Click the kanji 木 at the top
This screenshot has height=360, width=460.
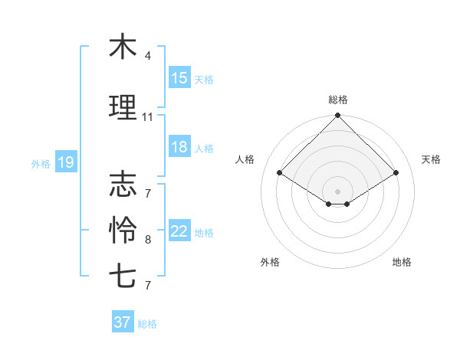(123, 47)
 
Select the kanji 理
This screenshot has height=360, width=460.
(123, 107)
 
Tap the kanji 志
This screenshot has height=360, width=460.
(123, 184)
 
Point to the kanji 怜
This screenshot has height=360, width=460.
(123, 228)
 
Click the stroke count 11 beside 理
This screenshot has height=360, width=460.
(148, 117)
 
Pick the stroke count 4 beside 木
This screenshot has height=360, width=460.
(148, 56)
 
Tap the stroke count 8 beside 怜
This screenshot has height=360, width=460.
(148, 240)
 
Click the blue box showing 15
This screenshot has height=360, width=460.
(179, 78)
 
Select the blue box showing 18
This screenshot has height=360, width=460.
(179, 147)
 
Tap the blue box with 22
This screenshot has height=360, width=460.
(179, 232)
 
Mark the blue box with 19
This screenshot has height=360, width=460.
(66, 162)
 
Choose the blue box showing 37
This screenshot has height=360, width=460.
(123, 322)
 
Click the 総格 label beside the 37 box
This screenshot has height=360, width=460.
(147, 324)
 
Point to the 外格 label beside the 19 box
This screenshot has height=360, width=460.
(41, 163)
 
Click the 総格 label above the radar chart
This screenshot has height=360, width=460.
(337, 100)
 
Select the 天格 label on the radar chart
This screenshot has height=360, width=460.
(432, 159)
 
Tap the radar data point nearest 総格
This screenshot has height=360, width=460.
(337, 116)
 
